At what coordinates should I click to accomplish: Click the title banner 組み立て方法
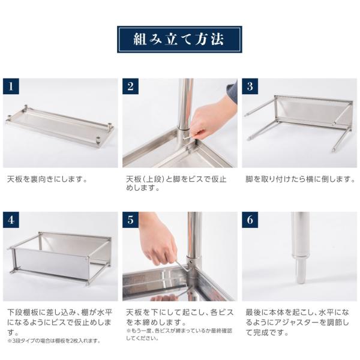tap(179, 40)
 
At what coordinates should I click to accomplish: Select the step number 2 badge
tap(131, 86)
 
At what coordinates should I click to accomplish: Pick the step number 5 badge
tap(131, 220)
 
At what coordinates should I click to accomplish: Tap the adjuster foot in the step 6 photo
tap(301, 270)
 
